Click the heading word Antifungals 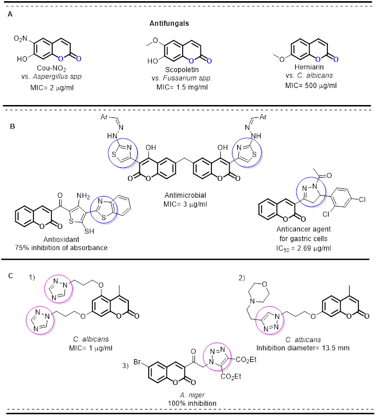tap(187, 25)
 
